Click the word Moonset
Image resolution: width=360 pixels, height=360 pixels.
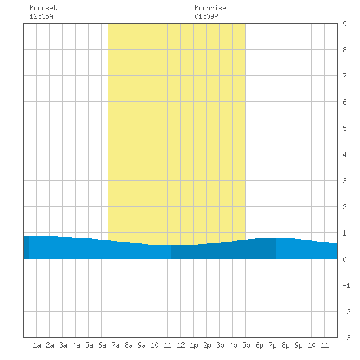click(43, 8)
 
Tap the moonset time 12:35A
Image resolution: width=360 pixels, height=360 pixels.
click(41, 16)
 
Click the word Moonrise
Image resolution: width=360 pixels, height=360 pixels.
click(210, 8)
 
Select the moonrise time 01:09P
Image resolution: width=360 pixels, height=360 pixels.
click(206, 16)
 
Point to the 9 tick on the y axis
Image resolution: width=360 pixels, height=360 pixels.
click(344, 24)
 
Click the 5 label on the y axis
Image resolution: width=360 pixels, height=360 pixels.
click(344, 128)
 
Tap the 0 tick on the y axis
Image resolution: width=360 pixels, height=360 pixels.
click(344, 259)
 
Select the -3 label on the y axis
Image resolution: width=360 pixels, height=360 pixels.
click(346, 338)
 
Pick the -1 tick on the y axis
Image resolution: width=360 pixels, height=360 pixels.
click(346, 285)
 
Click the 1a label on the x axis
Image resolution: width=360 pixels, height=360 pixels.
click(37, 345)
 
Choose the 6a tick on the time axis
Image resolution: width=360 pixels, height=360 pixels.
click(102, 345)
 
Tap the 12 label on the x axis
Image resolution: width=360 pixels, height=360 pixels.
click(181, 345)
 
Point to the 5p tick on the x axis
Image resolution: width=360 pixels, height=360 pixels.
click(246, 345)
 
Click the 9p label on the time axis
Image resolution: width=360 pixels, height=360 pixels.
click(298, 345)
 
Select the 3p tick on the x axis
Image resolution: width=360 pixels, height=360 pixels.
click(220, 345)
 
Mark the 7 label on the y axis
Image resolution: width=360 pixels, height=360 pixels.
click(344, 76)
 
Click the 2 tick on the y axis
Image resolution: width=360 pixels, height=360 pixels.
click(344, 207)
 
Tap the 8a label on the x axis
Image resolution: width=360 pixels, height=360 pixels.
click(128, 345)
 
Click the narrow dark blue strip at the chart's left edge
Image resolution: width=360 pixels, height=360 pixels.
click(26, 247)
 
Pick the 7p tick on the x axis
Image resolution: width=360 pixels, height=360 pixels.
click(272, 345)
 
